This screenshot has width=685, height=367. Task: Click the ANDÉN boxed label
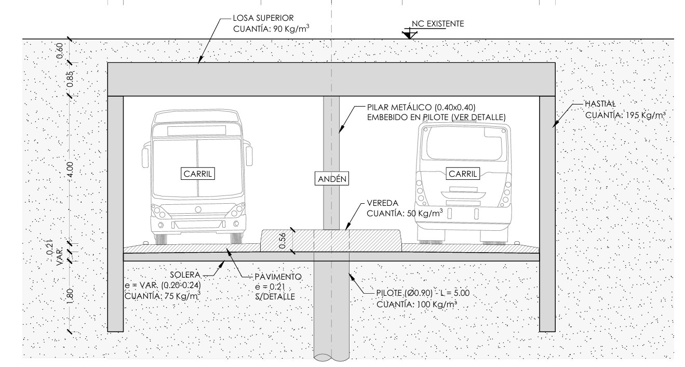click(x=331, y=179)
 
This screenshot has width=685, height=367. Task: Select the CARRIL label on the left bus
click(x=197, y=173)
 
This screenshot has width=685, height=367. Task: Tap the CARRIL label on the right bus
click(x=462, y=173)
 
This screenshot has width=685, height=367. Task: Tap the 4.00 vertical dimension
click(x=71, y=169)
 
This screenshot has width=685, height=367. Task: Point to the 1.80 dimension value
click(x=71, y=294)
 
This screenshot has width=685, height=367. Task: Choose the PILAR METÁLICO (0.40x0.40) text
click(x=420, y=108)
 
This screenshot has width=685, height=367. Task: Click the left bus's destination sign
click(x=196, y=130)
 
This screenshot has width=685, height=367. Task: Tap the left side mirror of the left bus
click(x=144, y=155)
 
